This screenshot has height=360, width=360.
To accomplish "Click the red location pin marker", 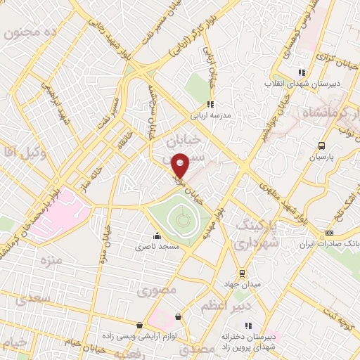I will point(181,165).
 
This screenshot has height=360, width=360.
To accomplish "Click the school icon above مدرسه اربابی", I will point(210,105).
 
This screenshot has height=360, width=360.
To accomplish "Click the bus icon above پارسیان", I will point(321,146).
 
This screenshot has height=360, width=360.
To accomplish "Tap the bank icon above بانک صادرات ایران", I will point(328,233).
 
